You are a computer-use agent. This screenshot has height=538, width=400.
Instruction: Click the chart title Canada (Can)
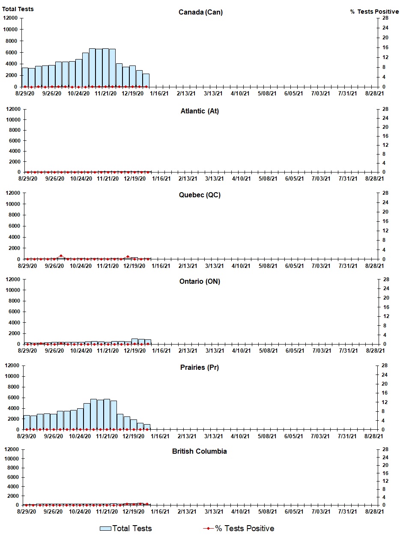200,12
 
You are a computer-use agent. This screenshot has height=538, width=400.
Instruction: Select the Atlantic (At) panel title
200,111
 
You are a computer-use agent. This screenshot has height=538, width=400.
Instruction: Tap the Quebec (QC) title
200,195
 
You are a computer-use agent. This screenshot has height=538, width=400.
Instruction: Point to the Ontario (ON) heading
200,281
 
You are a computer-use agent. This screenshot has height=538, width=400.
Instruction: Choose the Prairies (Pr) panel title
200,368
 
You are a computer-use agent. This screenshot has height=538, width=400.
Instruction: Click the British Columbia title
200,452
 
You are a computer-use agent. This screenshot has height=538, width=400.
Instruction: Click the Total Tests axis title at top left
18,9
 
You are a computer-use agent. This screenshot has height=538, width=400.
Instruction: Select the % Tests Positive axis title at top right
374,12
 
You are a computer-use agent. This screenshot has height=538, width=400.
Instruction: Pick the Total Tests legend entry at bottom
126,528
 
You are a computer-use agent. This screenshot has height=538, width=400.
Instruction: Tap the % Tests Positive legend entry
239,528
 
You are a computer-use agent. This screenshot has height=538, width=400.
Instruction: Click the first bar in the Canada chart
25,77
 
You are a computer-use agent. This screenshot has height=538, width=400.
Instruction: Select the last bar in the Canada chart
146,80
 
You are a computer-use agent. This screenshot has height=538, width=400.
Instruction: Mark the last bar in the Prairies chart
147,427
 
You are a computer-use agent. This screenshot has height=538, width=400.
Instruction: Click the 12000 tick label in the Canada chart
10,18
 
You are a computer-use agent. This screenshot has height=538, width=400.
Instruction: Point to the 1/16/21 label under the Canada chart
159,93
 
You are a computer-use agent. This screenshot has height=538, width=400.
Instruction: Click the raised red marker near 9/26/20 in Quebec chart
61,256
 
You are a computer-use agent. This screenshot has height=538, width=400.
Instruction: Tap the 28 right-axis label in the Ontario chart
386,279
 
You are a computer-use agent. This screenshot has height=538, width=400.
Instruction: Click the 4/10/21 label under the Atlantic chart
241,179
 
